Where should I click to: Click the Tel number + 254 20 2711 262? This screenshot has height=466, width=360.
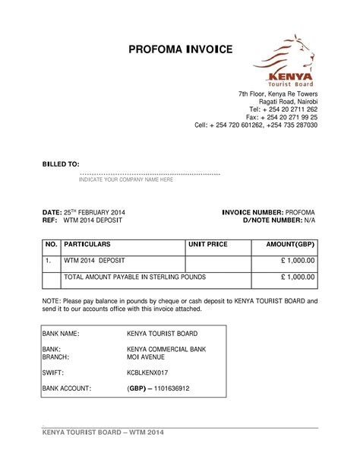click(x=290, y=109)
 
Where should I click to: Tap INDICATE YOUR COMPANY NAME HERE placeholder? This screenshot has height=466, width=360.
click(x=126, y=180)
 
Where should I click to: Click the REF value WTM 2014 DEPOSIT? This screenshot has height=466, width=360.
click(x=93, y=220)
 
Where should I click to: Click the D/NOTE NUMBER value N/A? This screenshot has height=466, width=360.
click(x=309, y=220)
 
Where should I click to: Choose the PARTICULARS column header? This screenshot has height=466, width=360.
click(x=87, y=245)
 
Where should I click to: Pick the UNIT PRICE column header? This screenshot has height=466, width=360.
click(x=208, y=245)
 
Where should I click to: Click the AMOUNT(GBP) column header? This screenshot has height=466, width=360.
click(x=289, y=245)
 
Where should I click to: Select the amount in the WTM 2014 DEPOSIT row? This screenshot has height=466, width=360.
click(x=298, y=261)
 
